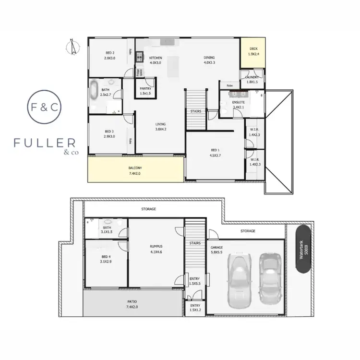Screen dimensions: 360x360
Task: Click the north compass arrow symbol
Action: tap(72, 47)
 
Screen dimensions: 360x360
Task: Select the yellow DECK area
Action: tap(253, 52)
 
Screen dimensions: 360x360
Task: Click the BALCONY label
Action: tap(135, 168)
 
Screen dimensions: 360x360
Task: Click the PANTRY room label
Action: tap(146, 88)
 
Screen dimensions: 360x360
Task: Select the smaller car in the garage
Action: tap(269, 277)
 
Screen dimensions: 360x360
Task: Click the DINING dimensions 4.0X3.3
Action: tap(209, 62)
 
